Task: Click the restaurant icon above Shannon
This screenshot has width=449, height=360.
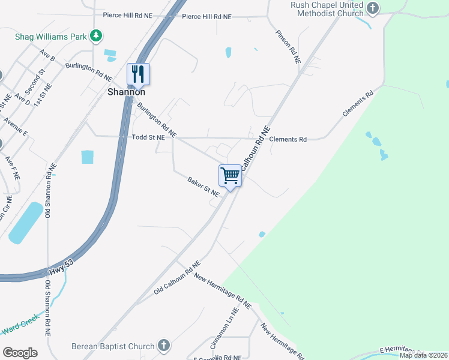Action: coord(138,74)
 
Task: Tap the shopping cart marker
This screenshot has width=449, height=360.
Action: coord(230,175)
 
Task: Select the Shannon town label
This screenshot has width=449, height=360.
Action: coord(126,92)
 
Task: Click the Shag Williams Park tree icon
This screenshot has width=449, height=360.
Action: coord(96,37)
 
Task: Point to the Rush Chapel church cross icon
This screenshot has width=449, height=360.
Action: coord(373,8)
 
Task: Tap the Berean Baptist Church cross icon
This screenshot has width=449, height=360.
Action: coord(164,346)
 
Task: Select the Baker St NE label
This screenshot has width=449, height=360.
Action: coord(203,186)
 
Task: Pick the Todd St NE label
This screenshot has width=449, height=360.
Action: coord(148,138)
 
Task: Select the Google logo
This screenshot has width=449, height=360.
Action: coord(19,353)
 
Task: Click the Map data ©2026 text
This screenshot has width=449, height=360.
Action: coord(423,355)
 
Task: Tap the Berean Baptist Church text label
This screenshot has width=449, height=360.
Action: coord(113,346)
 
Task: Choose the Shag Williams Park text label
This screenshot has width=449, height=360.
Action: coord(50,37)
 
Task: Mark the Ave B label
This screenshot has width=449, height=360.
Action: coord(47,56)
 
